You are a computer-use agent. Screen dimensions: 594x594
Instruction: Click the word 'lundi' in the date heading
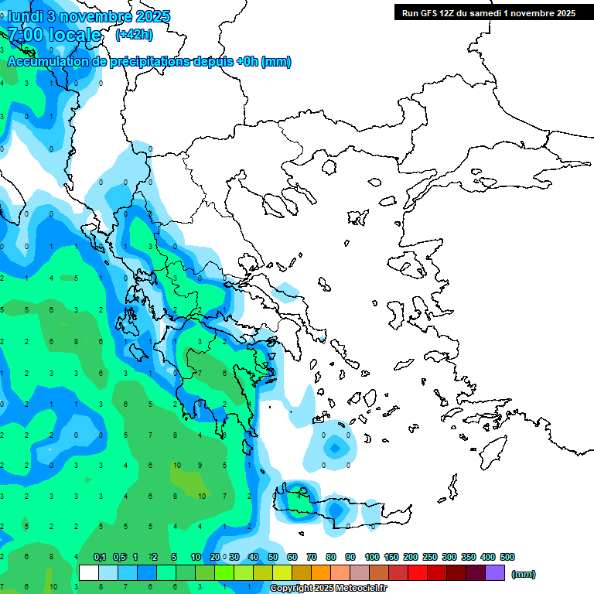[x=26, y=16]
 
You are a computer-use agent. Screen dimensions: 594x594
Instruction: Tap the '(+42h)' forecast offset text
[x=134, y=34]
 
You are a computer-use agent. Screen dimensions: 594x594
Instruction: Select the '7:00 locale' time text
[x=54, y=35]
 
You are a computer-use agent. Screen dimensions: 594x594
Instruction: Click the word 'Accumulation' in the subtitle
[x=46, y=62]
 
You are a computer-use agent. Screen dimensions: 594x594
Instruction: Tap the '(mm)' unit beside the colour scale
[x=524, y=574]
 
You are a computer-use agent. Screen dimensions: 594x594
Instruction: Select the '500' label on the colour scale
[x=507, y=557]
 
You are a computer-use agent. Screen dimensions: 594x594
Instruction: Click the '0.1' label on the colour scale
[x=100, y=557]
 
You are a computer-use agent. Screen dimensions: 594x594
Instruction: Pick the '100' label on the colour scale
[x=371, y=557]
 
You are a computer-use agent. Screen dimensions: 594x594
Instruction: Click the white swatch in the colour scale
[x=89, y=573]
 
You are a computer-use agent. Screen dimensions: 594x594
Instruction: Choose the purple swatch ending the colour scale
[x=495, y=573]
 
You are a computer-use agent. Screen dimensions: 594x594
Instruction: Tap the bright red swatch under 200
[x=418, y=573]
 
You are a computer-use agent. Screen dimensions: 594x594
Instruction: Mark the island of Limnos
[x=357, y=216]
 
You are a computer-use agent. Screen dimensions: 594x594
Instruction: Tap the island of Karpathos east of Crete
[x=452, y=495]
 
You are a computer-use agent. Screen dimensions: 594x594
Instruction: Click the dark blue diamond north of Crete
[x=334, y=447]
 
